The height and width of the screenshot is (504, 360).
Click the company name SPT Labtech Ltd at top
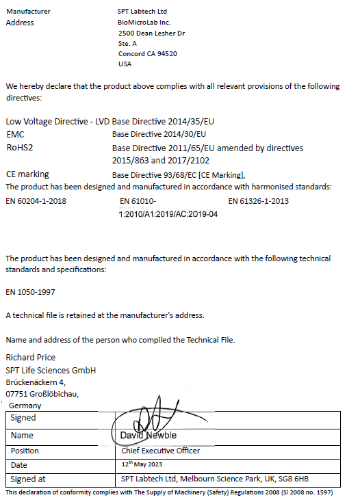click(x=142, y=12)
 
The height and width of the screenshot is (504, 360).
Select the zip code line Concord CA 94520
click(x=148, y=53)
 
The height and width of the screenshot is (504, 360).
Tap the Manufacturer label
click(x=27, y=12)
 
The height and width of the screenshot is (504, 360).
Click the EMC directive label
click(x=15, y=134)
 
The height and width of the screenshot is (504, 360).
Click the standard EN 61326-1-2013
click(x=259, y=201)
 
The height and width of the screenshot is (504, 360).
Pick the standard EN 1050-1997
click(x=31, y=291)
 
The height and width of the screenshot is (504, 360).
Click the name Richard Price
click(x=31, y=357)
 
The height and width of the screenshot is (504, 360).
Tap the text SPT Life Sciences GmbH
click(x=51, y=370)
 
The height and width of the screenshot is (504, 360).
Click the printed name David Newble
click(x=149, y=436)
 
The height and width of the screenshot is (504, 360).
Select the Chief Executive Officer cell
click(x=160, y=451)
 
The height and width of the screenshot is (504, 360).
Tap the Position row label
click(x=25, y=451)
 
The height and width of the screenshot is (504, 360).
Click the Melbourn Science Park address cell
click(x=215, y=479)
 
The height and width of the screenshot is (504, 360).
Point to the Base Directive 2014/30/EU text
click(x=159, y=134)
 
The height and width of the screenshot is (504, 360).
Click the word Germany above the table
click(x=25, y=406)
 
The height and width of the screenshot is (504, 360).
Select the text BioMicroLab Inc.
click(x=144, y=23)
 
